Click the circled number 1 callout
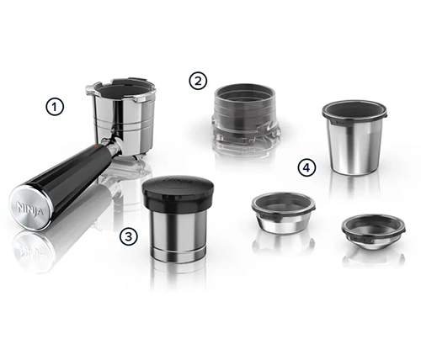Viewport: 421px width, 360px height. coord(55,107)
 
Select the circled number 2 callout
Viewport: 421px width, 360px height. coord(198,81)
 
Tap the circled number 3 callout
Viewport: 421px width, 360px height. coord(129,237)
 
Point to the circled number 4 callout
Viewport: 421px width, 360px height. coord(306,167)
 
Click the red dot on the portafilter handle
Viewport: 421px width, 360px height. coord(96,146)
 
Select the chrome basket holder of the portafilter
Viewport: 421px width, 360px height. coord(120,116)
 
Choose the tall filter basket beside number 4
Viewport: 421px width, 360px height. coord(354,137)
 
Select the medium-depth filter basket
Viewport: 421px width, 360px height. coord(284,213)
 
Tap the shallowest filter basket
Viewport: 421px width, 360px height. coord(374,232)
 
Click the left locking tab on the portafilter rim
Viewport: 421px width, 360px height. coord(90,88)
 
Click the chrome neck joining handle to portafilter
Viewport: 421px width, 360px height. coord(115,146)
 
